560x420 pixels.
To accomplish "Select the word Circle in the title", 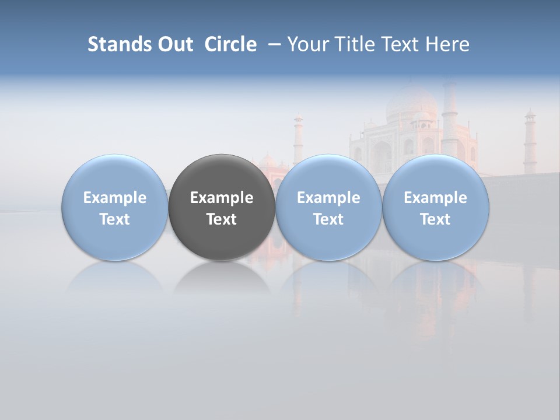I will tap(230, 44).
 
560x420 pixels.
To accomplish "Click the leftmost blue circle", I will tap(114, 175).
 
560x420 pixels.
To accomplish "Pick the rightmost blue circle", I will tap(436, 175).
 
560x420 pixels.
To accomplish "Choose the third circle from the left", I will tap(328, 175).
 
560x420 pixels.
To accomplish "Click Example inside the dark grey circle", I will tap(222, 198).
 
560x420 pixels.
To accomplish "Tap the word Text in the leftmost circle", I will tap(114, 219).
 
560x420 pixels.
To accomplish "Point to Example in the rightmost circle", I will tap(436, 198).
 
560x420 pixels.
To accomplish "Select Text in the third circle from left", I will tap(328, 219).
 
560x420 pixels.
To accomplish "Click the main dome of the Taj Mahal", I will tap(411, 102).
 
